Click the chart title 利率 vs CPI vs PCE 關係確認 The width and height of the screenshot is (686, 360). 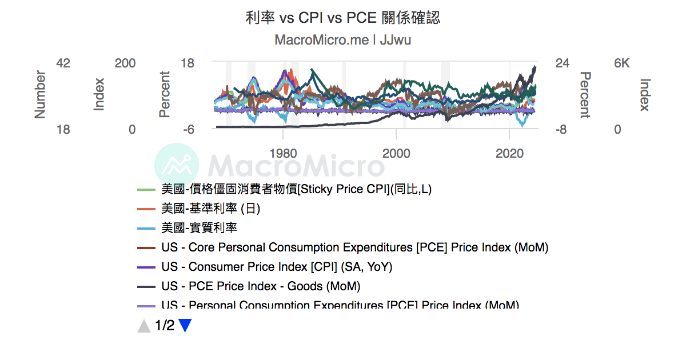pyautogui.click(x=342, y=18)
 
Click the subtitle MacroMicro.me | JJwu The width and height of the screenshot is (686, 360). pyautogui.click(x=342, y=40)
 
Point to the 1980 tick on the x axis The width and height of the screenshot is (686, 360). pyautogui.click(x=283, y=153)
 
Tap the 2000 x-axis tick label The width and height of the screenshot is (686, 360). pyautogui.click(x=396, y=153)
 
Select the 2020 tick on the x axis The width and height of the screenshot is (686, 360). pyautogui.click(x=509, y=153)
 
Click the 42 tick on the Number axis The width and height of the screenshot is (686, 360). pyautogui.click(x=63, y=63)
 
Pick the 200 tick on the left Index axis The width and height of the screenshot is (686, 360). pyautogui.click(x=125, y=63)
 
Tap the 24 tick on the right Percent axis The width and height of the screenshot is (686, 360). pyautogui.click(x=563, y=63)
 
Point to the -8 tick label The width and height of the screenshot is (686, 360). pyautogui.click(x=562, y=130)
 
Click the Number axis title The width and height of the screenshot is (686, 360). pyautogui.click(x=40, y=94)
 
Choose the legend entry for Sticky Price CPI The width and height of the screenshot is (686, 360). pyautogui.click(x=296, y=189)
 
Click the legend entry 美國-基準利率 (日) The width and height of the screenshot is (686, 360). pyautogui.click(x=210, y=209)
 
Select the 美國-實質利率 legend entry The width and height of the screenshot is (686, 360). pyautogui.click(x=199, y=228)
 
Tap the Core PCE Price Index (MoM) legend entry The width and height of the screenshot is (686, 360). pyautogui.click(x=354, y=247)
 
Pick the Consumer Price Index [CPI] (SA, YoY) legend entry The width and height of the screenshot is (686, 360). pyautogui.click(x=277, y=267)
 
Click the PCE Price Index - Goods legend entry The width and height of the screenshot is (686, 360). pyautogui.click(x=261, y=286)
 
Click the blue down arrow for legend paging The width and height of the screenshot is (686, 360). pyautogui.click(x=185, y=326)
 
